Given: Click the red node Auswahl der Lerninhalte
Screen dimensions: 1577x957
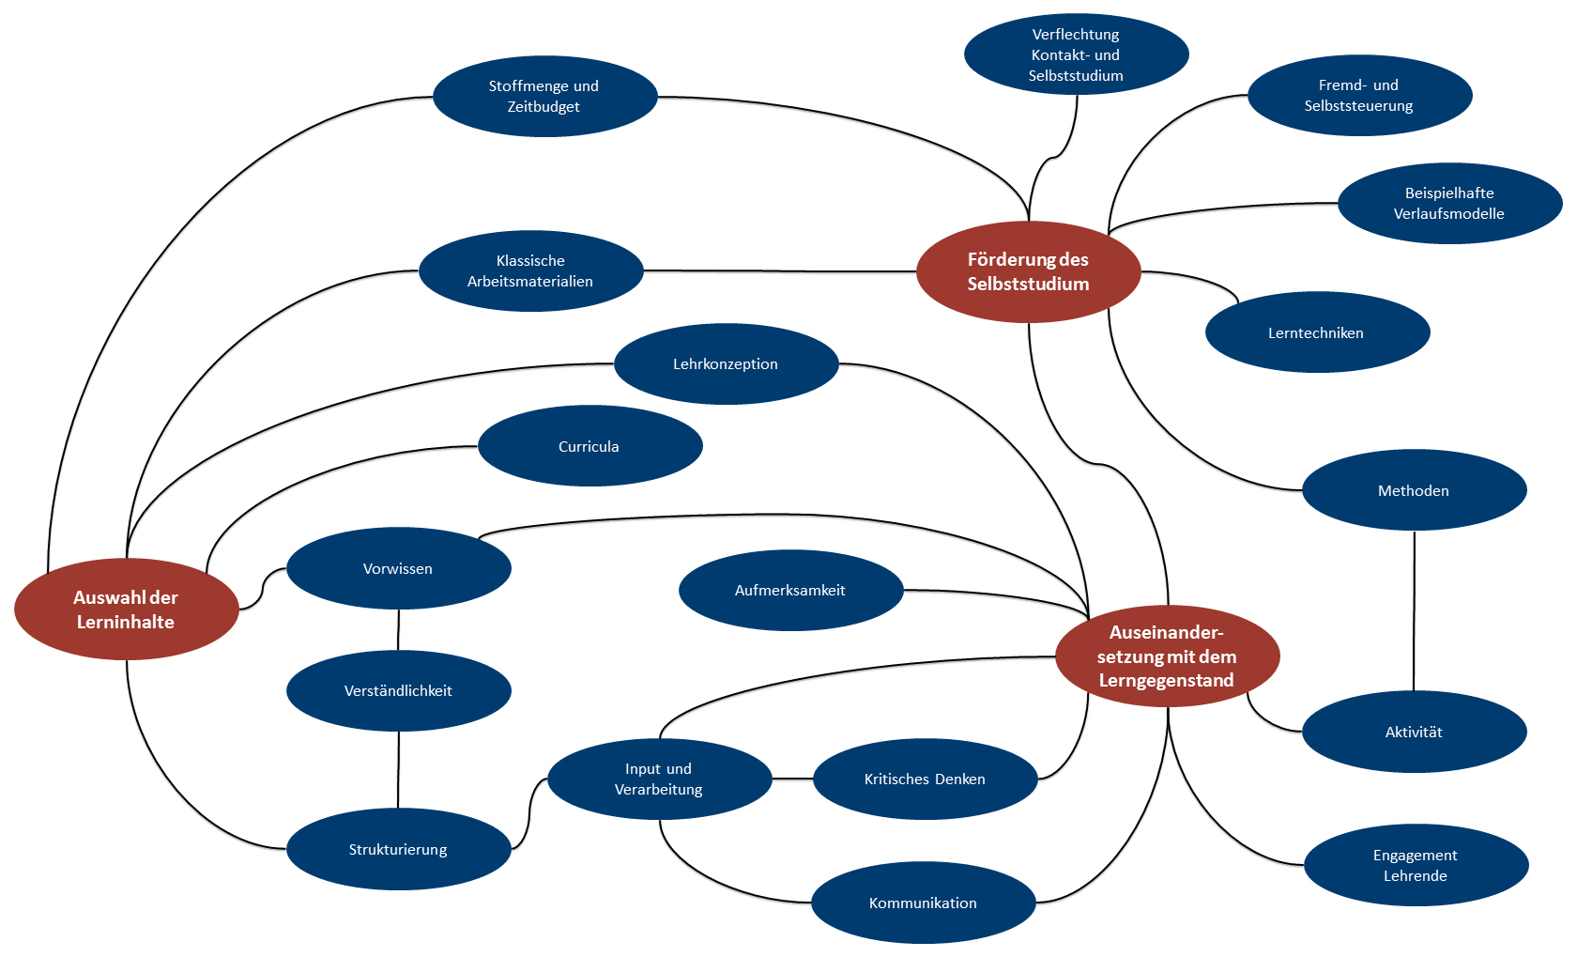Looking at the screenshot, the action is click(x=127, y=610).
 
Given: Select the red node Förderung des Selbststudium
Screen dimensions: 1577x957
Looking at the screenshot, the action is click(x=1029, y=271).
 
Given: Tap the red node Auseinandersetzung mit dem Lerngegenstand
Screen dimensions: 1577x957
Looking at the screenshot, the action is click(x=1168, y=656).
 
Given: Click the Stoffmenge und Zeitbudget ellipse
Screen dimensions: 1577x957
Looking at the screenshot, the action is click(x=544, y=97).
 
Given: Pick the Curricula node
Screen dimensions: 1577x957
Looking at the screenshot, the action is click(x=589, y=446).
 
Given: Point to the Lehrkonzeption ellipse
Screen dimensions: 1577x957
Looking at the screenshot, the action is click(x=726, y=364).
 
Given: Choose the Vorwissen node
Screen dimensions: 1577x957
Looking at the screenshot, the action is click(x=398, y=568).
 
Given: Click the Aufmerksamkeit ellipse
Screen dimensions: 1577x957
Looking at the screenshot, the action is click(x=790, y=590).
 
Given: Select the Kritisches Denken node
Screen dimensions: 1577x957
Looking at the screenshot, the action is click(x=926, y=779).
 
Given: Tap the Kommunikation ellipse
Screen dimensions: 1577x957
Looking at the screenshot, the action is click(x=923, y=903).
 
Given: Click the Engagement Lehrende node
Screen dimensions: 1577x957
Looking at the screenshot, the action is click(x=1416, y=865).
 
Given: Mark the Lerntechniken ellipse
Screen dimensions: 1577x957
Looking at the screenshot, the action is click(x=1317, y=332).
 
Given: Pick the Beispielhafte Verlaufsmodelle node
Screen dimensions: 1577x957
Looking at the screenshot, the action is click(x=1449, y=204).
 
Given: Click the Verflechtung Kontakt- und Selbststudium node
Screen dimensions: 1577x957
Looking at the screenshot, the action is click(x=1077, y=54).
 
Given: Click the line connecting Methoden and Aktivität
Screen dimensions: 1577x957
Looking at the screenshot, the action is click(x=1415, y=611).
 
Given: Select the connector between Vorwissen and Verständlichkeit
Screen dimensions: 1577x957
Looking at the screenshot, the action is click(x=398, y=629).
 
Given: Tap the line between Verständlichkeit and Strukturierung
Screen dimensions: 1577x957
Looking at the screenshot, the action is click(x=398, y=770).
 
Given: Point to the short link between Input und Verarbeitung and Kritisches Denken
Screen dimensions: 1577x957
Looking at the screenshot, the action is click(x=792, y=779).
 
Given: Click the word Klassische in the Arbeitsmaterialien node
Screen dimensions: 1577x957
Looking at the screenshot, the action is click(x=531, y=260).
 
